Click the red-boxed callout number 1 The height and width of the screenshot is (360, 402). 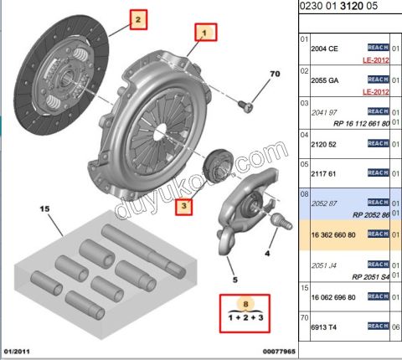(x=205, y=33)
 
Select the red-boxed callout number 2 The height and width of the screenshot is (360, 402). (x=139, y=17)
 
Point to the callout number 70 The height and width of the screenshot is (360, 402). (x=272, y=75)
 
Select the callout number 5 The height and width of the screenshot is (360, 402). (x=235, y=279)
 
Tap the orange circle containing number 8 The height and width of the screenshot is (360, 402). (x=245, y=305)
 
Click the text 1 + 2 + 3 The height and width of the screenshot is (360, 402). (x=245, y=321)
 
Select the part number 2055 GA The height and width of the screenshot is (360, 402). (x=327, y=79)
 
